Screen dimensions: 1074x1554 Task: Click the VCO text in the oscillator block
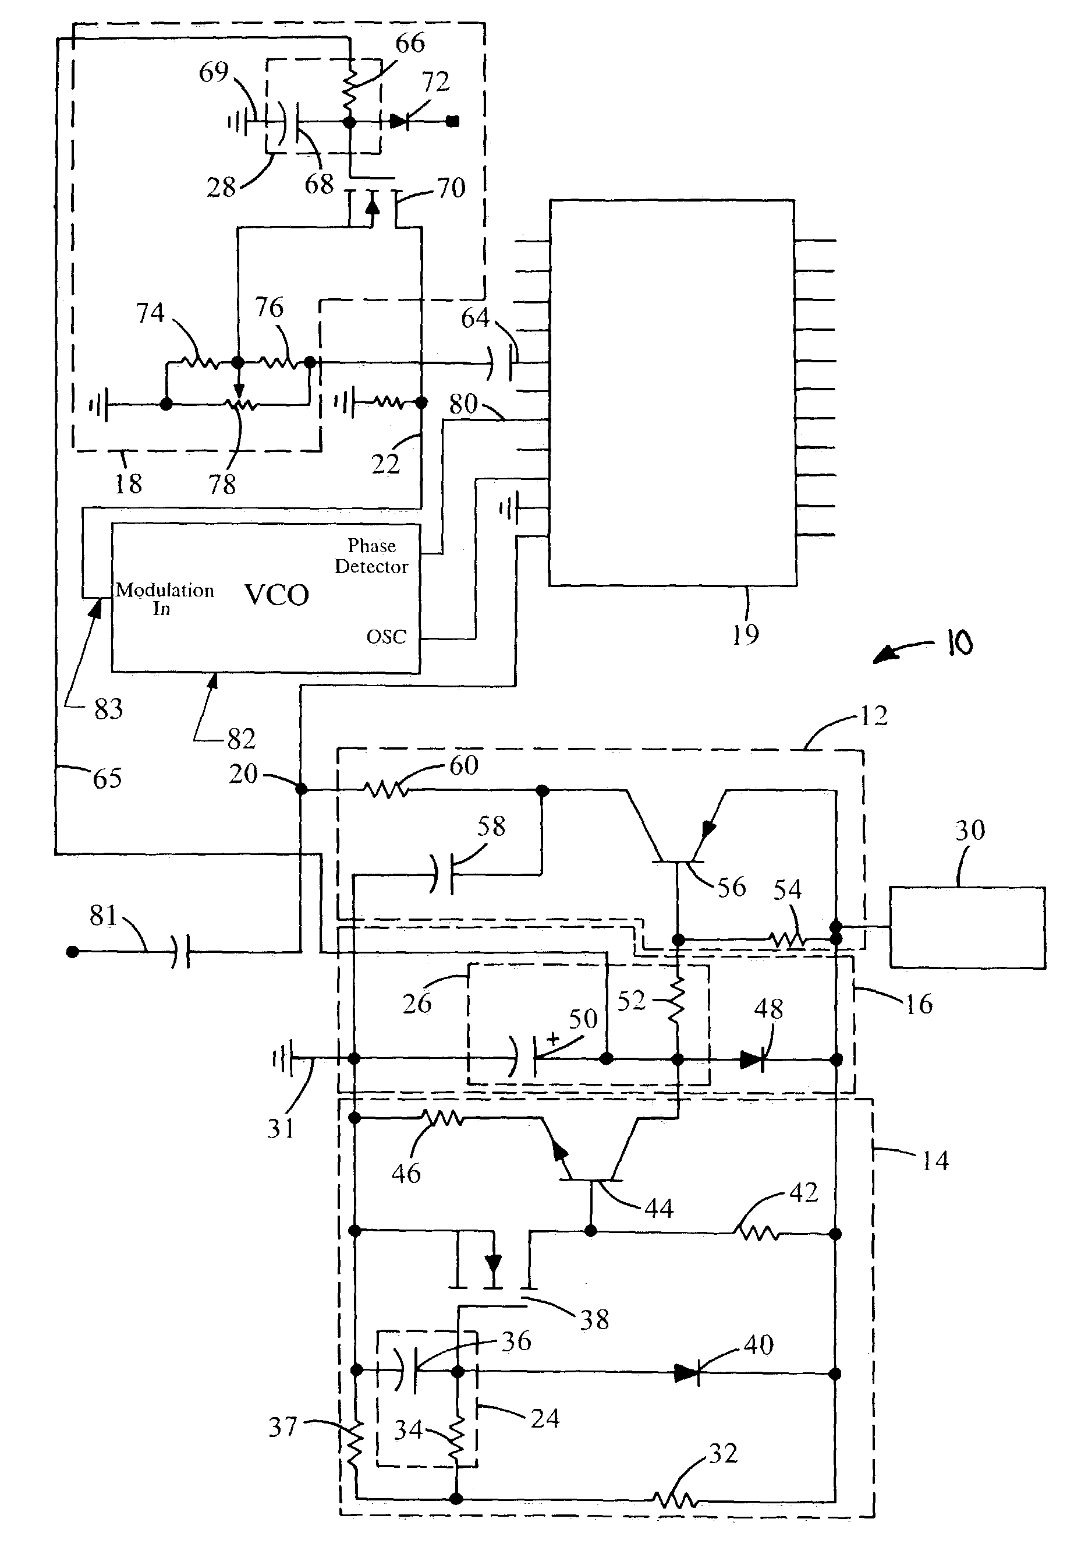pos(276,595)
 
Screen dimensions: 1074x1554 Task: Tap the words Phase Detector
pos(371,556)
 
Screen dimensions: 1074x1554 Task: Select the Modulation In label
pos(165,599)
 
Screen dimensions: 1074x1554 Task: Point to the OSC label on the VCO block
pos(387,637)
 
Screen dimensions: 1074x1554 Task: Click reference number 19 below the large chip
pos(745,634)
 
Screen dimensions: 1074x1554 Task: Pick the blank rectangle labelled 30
pos(967,927)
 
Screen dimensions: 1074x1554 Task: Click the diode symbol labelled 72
pos(399,122)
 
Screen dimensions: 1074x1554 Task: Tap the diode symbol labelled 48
pos(752,1059)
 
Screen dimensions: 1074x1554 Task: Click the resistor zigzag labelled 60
pos(387,789)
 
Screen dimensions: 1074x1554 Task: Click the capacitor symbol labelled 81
pos(180,951)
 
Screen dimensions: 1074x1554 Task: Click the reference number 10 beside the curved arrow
pos(959,644)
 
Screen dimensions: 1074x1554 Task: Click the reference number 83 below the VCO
pos(108,709)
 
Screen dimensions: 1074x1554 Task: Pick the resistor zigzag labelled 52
pos(677,1001)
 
